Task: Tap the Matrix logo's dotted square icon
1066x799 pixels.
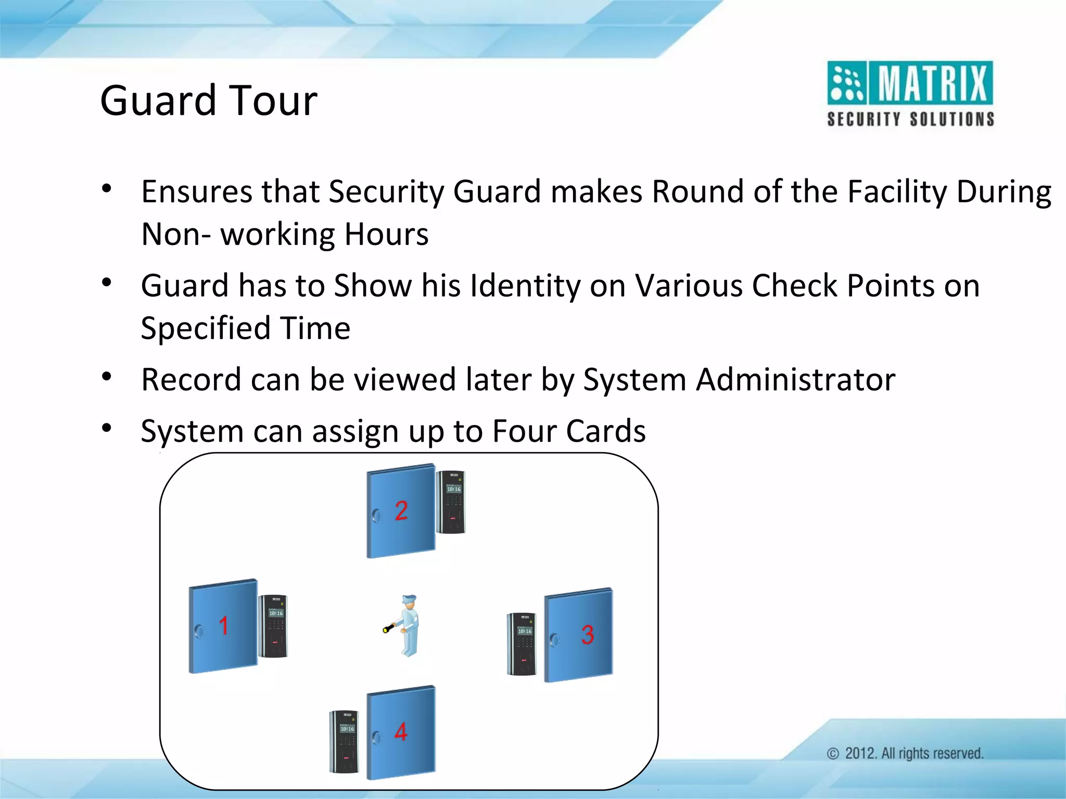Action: [x=847, y=83]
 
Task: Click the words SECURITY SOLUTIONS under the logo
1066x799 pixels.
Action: [x=911, y=119]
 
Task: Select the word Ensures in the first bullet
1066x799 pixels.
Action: [x=196, y=191]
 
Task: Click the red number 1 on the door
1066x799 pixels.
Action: [x=224, y=625]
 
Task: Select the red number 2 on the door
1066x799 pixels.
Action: [x=401, y=510]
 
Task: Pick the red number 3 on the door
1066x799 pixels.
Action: [x=588, y=635]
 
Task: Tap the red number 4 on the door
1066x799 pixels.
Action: [x=401, y=732]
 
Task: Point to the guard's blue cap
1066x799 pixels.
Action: [x=409, y=599]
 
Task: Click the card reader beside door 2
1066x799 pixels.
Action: [x=451, y=502]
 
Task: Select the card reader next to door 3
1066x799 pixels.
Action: [x=522, y=644]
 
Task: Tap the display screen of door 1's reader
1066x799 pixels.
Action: [x=276, y=613]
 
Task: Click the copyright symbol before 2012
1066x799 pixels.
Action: [x=833, y=754]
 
